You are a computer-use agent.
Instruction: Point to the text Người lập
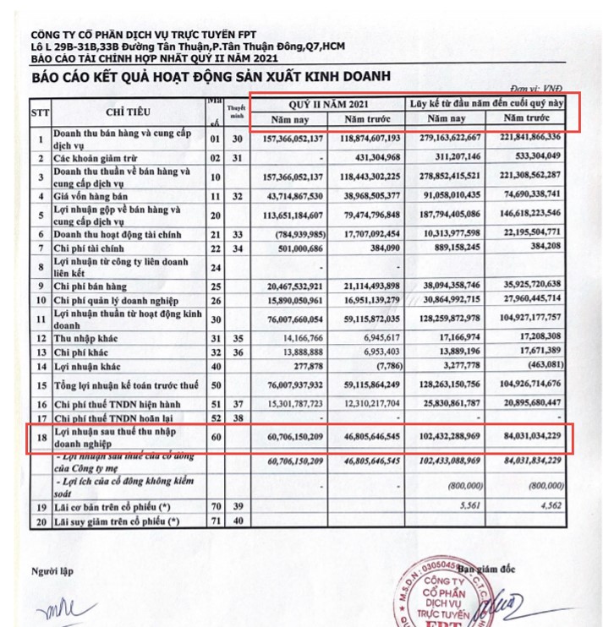point(52,570)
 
